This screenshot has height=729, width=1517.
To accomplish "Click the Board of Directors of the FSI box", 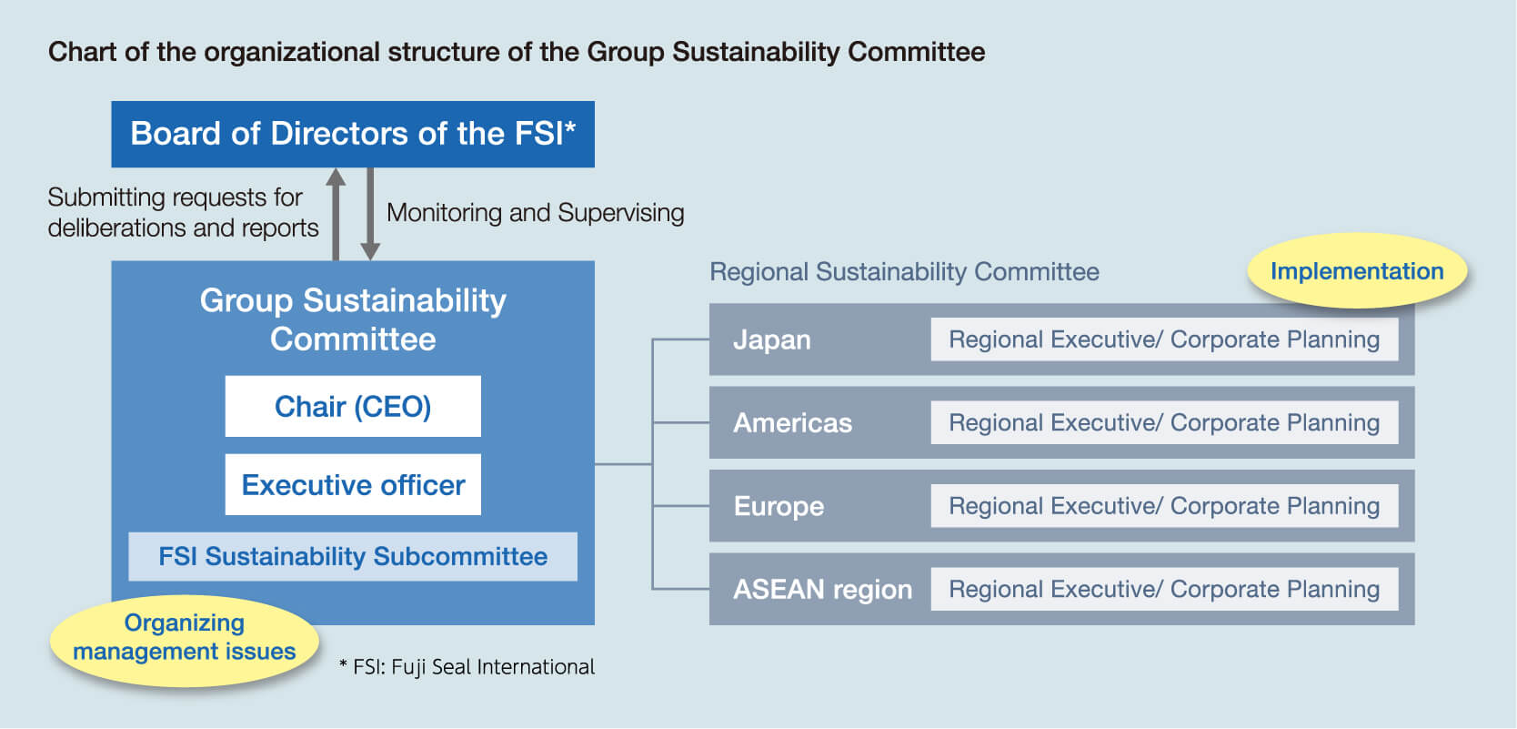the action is click(x=353, y=134).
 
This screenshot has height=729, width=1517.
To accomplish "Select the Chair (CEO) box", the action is click(x=353, y=407).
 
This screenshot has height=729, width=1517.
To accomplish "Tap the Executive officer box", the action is click(x=353, y=484).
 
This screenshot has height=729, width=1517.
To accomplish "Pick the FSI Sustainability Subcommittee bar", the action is click(x=353, y=556).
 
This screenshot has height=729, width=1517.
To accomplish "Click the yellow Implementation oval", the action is click(x=1357, y=271).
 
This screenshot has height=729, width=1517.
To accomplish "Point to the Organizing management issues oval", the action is click(x=185, y=638).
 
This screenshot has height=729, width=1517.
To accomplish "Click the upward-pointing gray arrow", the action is click(x=336, y=214).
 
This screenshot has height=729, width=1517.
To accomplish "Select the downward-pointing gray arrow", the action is click(x=370, y=214).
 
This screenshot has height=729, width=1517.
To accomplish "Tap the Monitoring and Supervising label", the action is click(x=535, y=213).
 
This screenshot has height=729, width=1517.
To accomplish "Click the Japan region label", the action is click(x=772, y=339).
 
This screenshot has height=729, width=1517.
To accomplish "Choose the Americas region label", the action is click(x=792, y=423).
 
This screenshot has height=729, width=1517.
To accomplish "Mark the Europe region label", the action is click(x=779, y=506).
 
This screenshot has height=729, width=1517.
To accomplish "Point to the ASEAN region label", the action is click(x=823, y=590).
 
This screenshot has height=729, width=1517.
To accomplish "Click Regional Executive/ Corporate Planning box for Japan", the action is click(x=1164, y=339).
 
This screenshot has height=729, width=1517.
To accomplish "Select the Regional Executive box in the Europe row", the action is click(x=1164, y=506).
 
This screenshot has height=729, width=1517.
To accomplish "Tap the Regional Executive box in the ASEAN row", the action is click(x=1164, y=590).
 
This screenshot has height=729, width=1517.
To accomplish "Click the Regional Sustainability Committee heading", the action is click(x=904, y=272).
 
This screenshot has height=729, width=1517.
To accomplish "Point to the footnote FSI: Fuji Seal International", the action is click(x=467, y=667).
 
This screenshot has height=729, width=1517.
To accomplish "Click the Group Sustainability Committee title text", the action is click(x=353, y=319).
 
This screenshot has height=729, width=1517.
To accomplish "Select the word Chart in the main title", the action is click(x=82, y=52).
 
